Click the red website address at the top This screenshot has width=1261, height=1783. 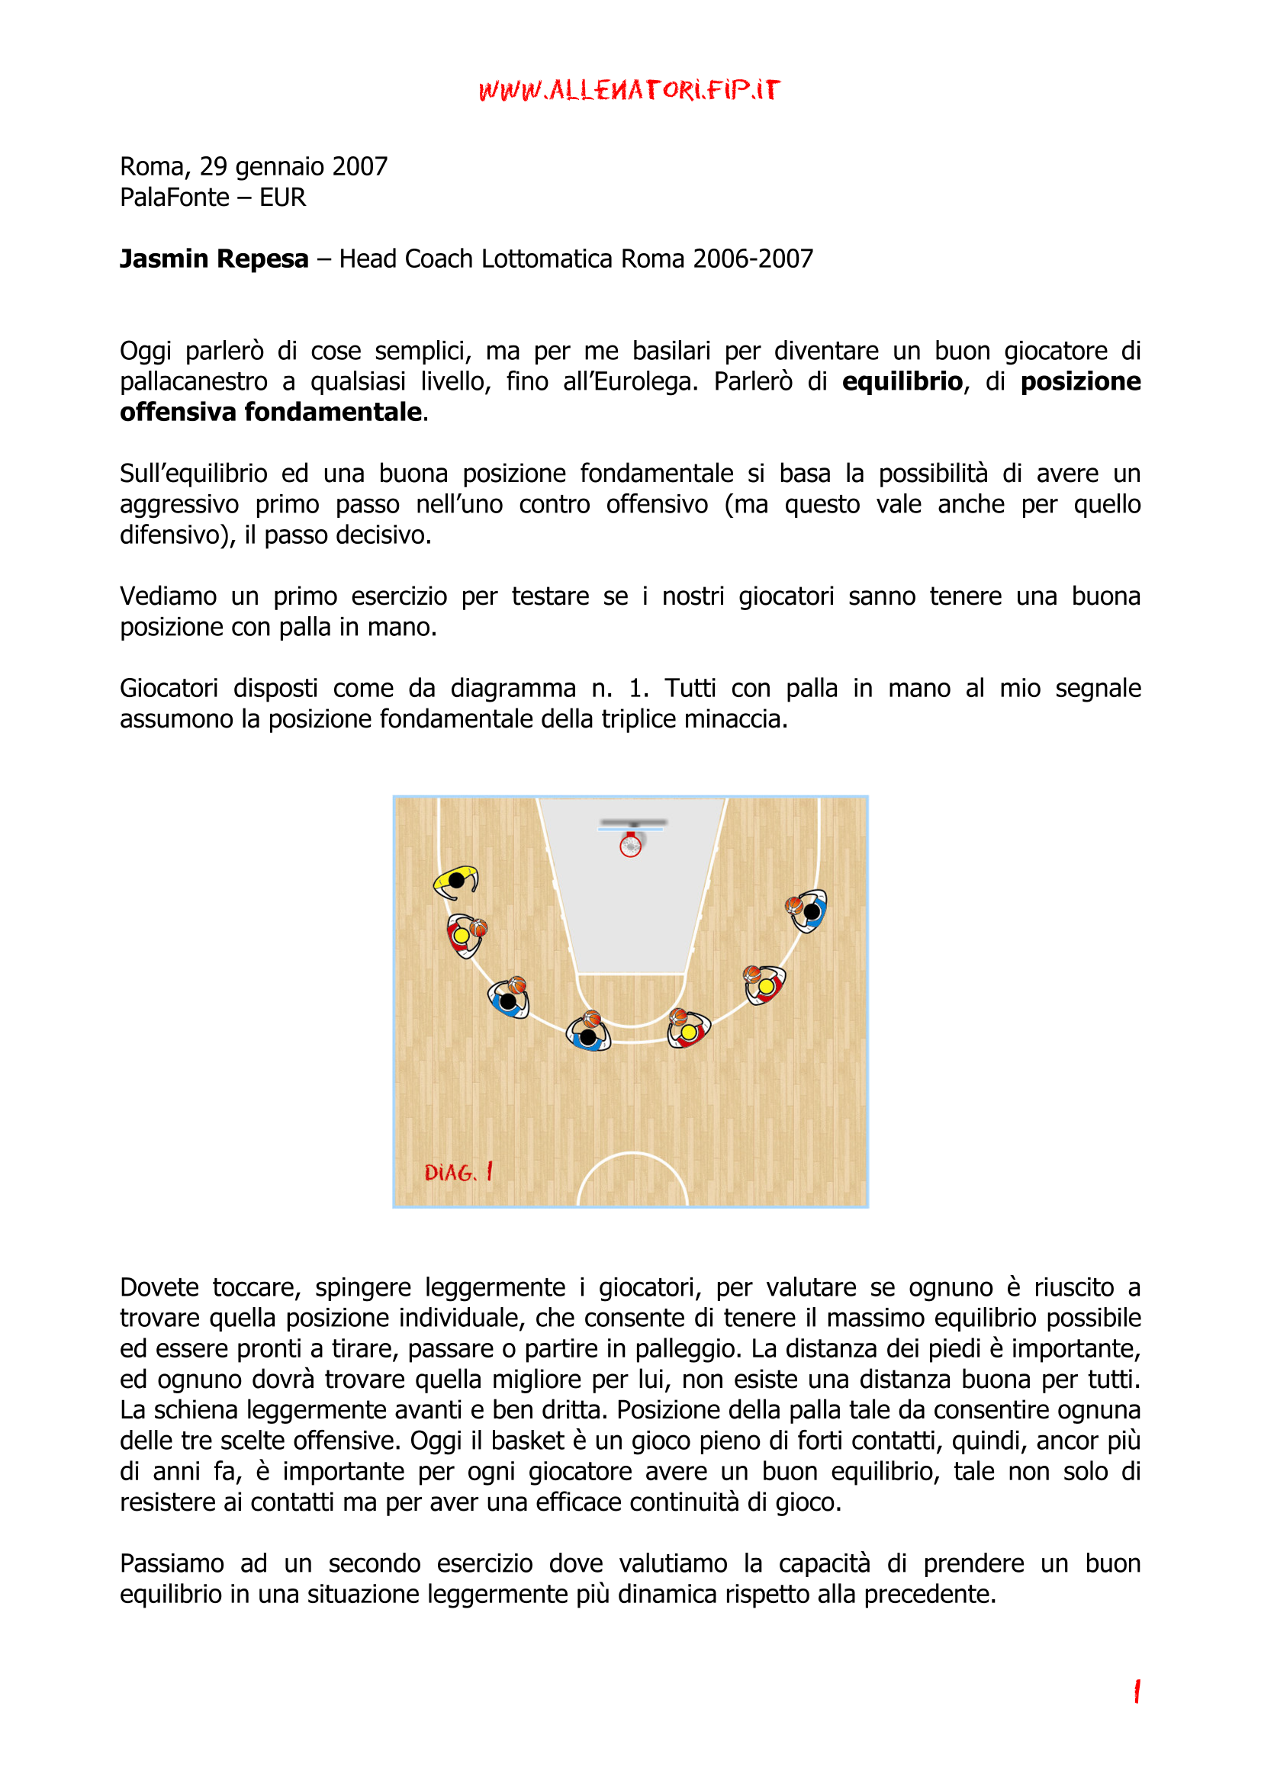point(629,90)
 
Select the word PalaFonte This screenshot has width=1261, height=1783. point(174,198)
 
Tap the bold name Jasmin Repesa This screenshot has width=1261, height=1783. point(214,259)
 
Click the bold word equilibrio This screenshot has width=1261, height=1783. point(902,381)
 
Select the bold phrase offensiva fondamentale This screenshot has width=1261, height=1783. point(270,412)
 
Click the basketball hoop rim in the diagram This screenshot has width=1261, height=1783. point(630,846)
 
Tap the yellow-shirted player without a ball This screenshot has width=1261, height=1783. point(456,881)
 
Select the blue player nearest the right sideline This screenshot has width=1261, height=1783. point(809,911)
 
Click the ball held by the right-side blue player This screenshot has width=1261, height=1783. point(793,905)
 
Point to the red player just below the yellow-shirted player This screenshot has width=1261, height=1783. point(463,936)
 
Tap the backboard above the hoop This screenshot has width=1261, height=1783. point(632,821)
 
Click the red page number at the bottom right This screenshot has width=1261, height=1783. point(1137,1691)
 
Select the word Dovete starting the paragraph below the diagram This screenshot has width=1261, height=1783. point(159,1288)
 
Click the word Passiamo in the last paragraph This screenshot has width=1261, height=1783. point(172,1563)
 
